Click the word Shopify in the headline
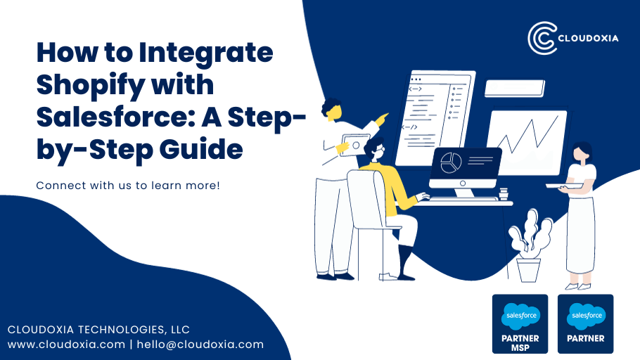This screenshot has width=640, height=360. [89, 84]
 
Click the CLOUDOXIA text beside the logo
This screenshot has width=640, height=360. [589, 38]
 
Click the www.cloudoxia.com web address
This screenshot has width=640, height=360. [66, 345]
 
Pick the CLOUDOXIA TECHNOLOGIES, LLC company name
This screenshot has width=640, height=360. [98, 329]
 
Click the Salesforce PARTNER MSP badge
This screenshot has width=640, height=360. [520, 323]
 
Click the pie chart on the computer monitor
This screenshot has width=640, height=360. [449, 162]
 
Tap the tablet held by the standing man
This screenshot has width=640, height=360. [357, 143]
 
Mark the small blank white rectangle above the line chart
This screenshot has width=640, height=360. [514, 88]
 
